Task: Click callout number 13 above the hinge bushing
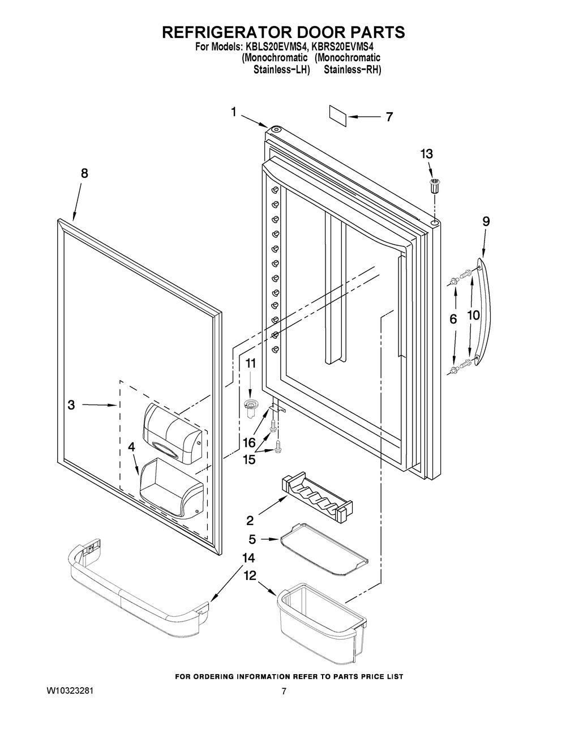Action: click(426, 154)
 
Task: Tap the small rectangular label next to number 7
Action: click(338, 117)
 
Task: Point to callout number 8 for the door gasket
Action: click(84, 173)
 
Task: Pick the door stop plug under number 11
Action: click(250, 408)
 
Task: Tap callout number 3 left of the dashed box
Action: click(71, 405)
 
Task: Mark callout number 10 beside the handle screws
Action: click(473, 316)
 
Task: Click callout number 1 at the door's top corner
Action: click(233, 112)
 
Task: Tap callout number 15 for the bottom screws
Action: click(249, 459)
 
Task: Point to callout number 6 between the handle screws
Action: click(453, 319)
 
